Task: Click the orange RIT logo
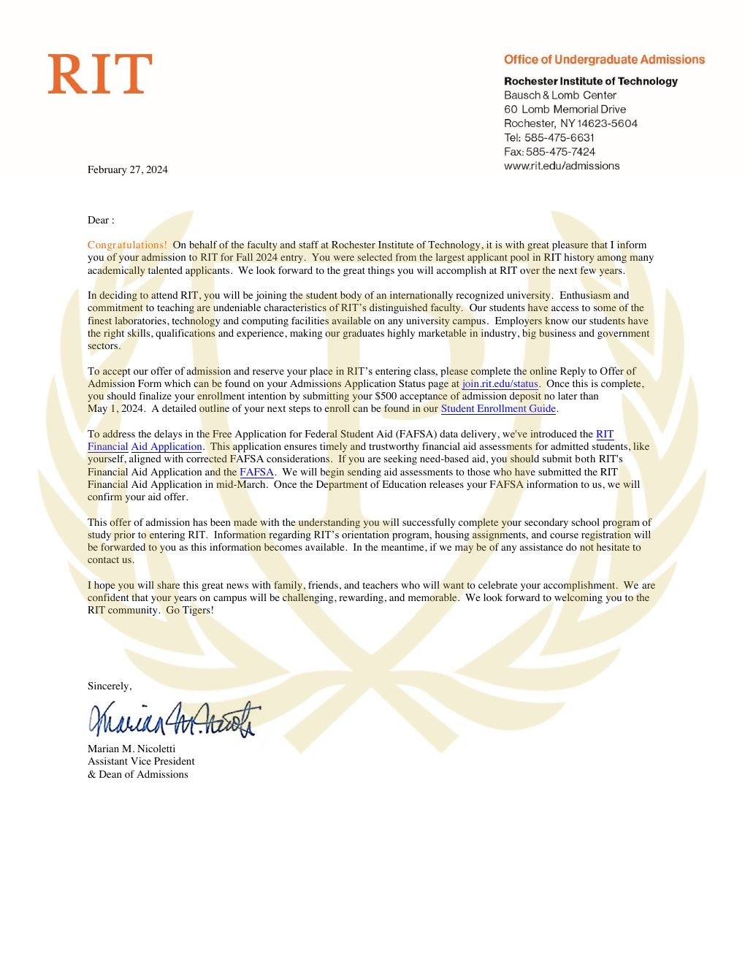coord(100,74)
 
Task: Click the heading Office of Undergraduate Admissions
coord(604,60)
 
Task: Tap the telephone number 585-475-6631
coord(559,137)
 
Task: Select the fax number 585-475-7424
coord(560,152)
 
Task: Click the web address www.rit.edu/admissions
coord(562,166)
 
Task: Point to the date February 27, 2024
coord(128,169)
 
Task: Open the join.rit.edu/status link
coord(500,384)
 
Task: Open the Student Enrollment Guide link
coord(498,409)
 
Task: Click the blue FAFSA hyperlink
coord(256,473)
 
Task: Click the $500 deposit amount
coord(386,397)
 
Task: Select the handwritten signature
coord(174,719)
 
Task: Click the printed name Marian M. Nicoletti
coord(131,749)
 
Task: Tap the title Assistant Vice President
coord(141,761)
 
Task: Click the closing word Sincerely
coord(109,686)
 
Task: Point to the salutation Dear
coord(99,221)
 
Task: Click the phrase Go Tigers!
coord(190,611)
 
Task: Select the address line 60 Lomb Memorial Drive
coord(565,110)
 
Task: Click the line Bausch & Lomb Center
coord(560,96)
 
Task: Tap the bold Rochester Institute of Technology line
coord(591,81)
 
